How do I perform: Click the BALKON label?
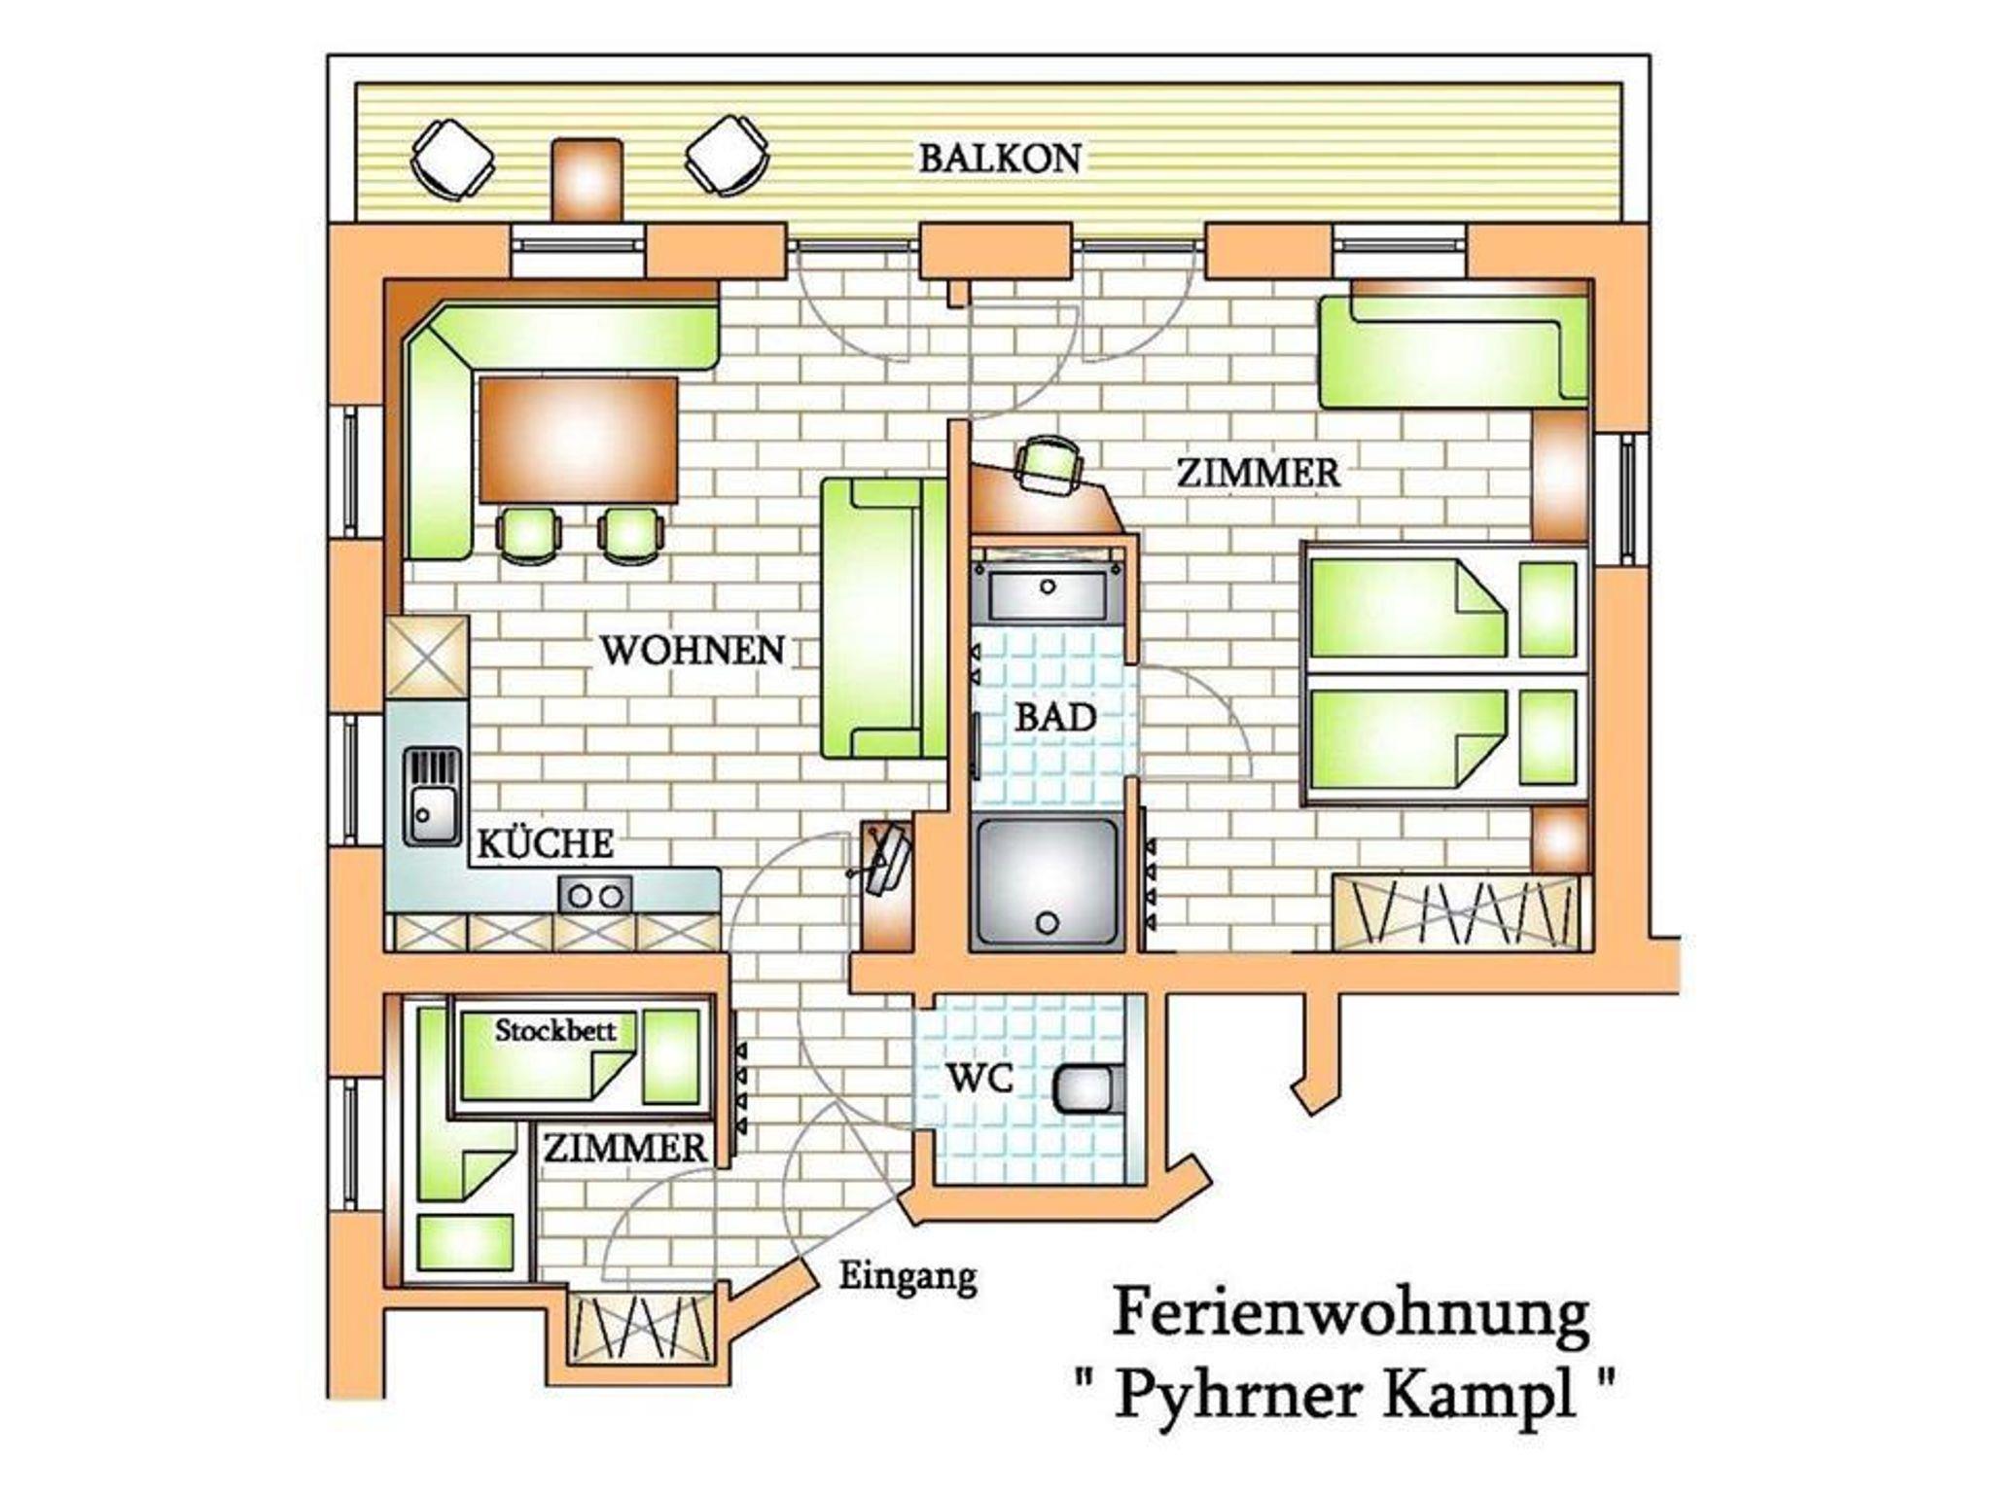point(1000,159)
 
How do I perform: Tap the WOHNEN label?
point(692,651)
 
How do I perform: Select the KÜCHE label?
point(545,842)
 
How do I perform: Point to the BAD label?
point(1055,718)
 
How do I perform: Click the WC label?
point(980,1078)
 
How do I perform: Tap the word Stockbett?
point(555,1030)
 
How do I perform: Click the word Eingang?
point(907,1277)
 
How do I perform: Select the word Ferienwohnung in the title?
point(1350,1314)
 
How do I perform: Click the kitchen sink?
point(432,796)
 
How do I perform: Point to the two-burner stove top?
point(594,894)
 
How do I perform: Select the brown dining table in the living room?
point(578,441)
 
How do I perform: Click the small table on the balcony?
point(587,180)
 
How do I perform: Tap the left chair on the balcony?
point(451,159)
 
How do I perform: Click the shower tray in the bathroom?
point(1047,881)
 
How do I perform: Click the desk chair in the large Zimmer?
point(1049,464)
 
